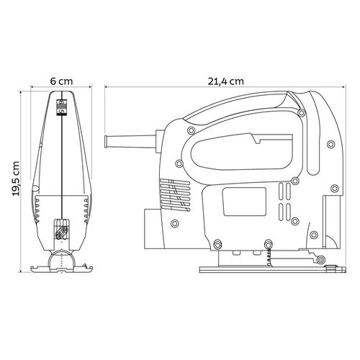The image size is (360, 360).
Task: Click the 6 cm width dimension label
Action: click(61, 81)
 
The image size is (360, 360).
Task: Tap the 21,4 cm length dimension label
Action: click(225, 81)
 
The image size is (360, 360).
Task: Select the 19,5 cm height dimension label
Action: click(16, 179)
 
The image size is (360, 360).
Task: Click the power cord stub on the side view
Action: click(131, 141)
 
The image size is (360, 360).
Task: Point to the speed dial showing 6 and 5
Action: click(61, 107)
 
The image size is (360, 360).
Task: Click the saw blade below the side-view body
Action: click(269, 258)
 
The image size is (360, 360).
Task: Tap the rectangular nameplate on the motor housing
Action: click(244, 202)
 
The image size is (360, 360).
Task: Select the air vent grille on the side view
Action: click(174, 195)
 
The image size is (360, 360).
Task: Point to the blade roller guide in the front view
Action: click(62, 258)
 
